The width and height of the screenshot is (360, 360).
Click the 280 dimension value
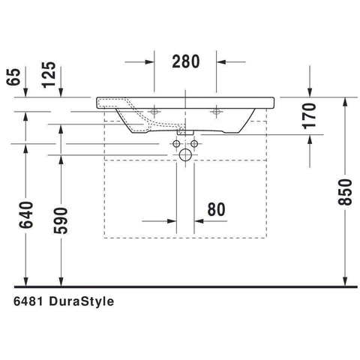point(186,61)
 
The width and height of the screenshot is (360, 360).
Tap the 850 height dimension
point(345,192)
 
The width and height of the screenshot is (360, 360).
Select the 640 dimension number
point(26,215)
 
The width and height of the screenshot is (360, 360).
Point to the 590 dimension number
point(61,220)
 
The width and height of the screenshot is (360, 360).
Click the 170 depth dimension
point(309,116)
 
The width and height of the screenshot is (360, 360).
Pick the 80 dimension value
point(216,209)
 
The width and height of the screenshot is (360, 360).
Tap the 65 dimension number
point(13,77)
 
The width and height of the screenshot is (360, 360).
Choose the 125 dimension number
point(49,75)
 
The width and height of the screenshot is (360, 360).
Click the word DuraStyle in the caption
point(82,301)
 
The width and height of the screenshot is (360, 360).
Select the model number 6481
point(28,301)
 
